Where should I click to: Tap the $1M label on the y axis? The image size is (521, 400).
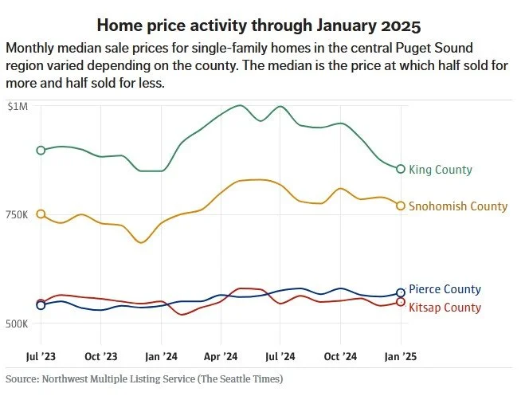pos(18,106)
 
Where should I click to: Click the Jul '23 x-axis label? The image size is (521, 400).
pos(41,356)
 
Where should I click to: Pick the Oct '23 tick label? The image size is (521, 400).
pos(101,356)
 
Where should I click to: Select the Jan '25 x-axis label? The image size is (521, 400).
pos(400,356)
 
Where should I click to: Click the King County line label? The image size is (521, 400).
pos(440,170)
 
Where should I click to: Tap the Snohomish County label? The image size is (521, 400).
pos(457,206)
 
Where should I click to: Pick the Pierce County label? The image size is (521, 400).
pos(445,290)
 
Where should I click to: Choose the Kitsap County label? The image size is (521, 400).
pos(445,308)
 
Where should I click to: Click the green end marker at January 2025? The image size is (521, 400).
pos(401,168)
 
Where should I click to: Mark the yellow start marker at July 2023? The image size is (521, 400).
pos(41,214)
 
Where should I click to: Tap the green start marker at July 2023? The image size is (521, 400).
pos(41,150)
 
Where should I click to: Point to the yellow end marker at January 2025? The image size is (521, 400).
pos(401,206)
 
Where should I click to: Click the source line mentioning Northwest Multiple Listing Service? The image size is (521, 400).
pos(144,378)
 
